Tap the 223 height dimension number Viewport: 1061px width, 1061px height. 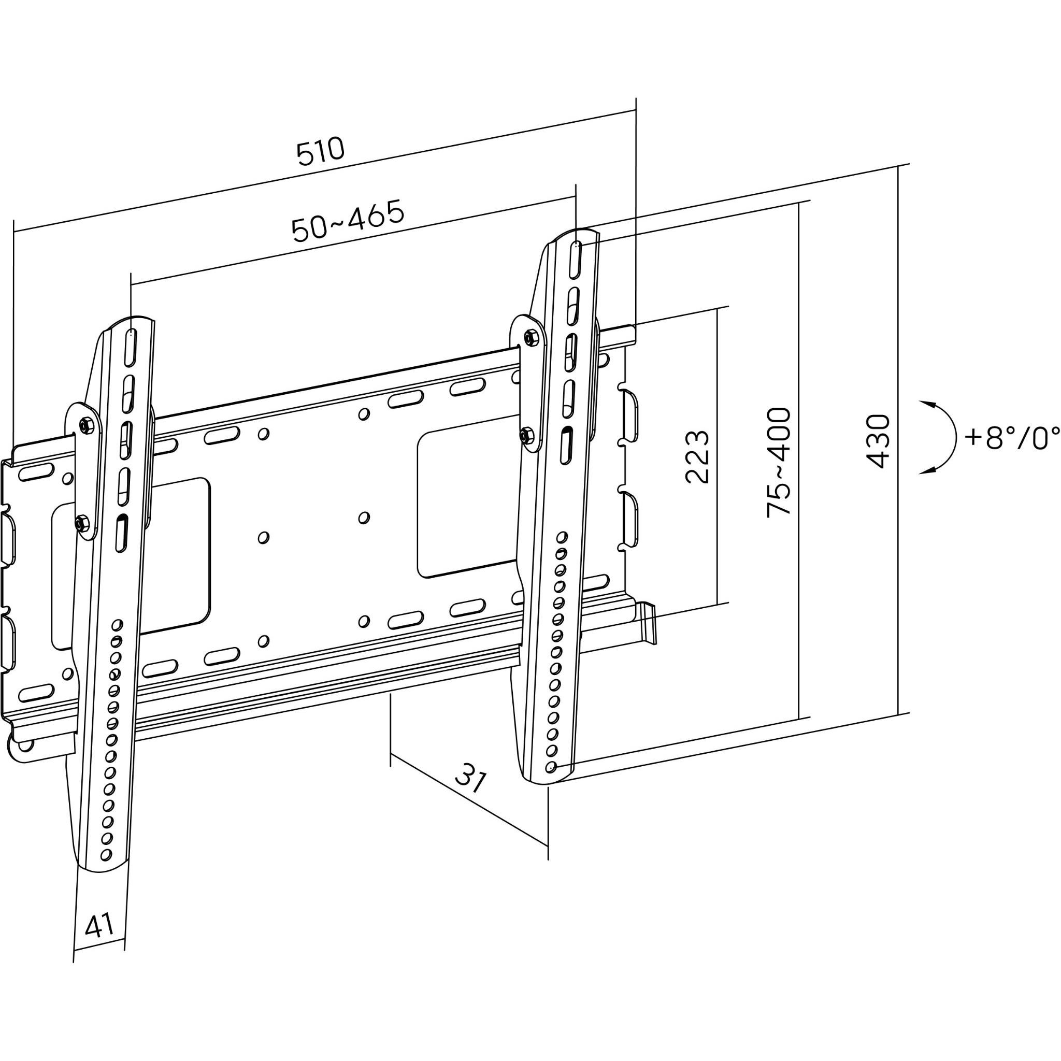697,456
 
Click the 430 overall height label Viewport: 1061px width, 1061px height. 878,441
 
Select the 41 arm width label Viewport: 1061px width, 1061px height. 99,926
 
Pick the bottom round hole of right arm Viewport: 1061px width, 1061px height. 551,767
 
